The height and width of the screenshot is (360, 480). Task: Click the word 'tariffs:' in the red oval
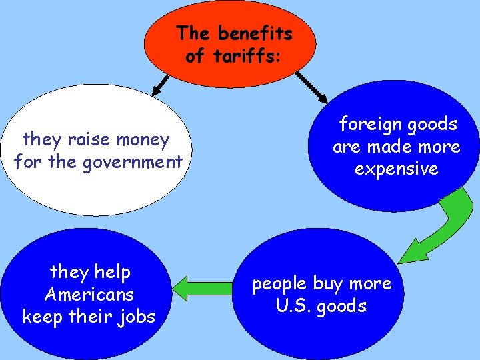pos(247,55)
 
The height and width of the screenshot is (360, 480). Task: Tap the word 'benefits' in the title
pos(255,33)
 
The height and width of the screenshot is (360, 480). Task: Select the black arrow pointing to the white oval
pos(161,85)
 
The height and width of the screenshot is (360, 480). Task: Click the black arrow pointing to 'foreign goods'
pos(311,87)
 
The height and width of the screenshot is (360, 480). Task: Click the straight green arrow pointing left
pos(203,289)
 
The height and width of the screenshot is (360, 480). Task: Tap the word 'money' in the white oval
pos(143,140)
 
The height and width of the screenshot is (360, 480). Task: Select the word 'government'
pos(133,162)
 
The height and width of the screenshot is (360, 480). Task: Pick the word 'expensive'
pos(397,169)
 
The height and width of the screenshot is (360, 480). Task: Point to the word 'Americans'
pos(89,295)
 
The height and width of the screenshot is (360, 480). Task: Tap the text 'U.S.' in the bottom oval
pos(294,305)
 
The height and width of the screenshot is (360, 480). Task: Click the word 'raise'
pos(89,139)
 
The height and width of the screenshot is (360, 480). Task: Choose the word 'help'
pos(113,272)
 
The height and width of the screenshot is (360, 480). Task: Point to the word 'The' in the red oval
pos(193,33)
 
